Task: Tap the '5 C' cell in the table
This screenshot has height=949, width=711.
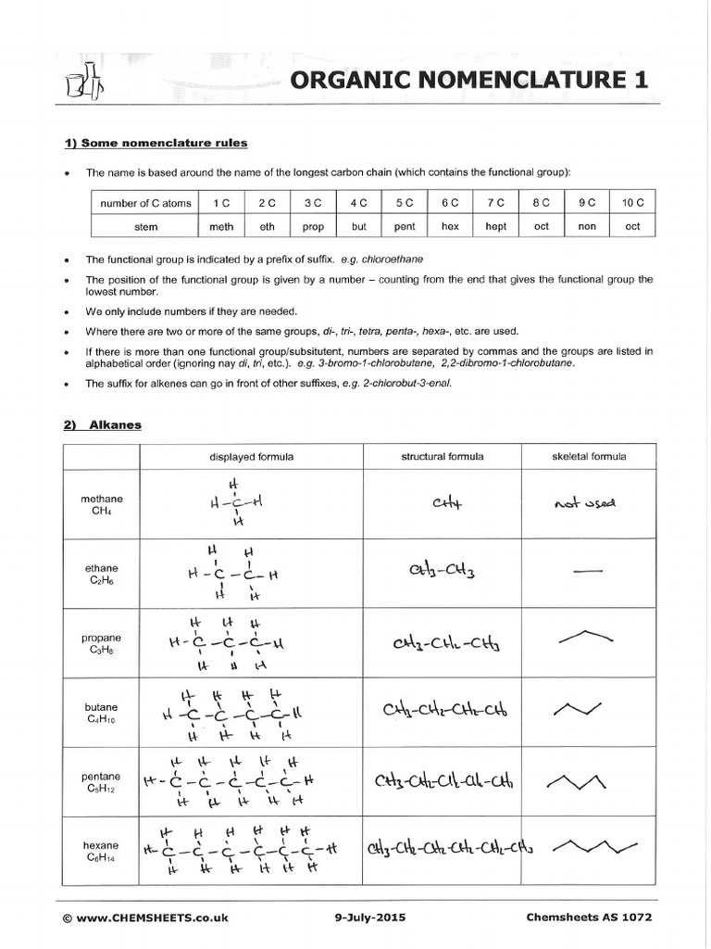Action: click(x=405, y=202)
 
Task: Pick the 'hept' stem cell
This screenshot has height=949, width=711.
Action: click(x=496, y=226)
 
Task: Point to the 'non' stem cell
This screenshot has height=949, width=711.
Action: click(x=587, y=226)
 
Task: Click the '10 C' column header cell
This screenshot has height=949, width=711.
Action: click(x=631, y=202)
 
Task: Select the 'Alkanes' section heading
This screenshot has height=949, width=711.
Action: click(x=116, y=424)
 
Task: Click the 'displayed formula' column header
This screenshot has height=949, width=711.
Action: click(x=252, y=456)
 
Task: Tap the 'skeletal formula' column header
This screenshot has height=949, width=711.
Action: click(x=589, y=456)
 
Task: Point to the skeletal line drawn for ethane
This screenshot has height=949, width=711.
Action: click(x=588, y=572)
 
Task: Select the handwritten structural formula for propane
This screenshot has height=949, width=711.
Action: click(x=442, y=642)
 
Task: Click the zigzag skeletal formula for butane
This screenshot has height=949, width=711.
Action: click(x=578, y=709)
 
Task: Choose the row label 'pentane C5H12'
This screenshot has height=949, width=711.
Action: click(x=100, y=782)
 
